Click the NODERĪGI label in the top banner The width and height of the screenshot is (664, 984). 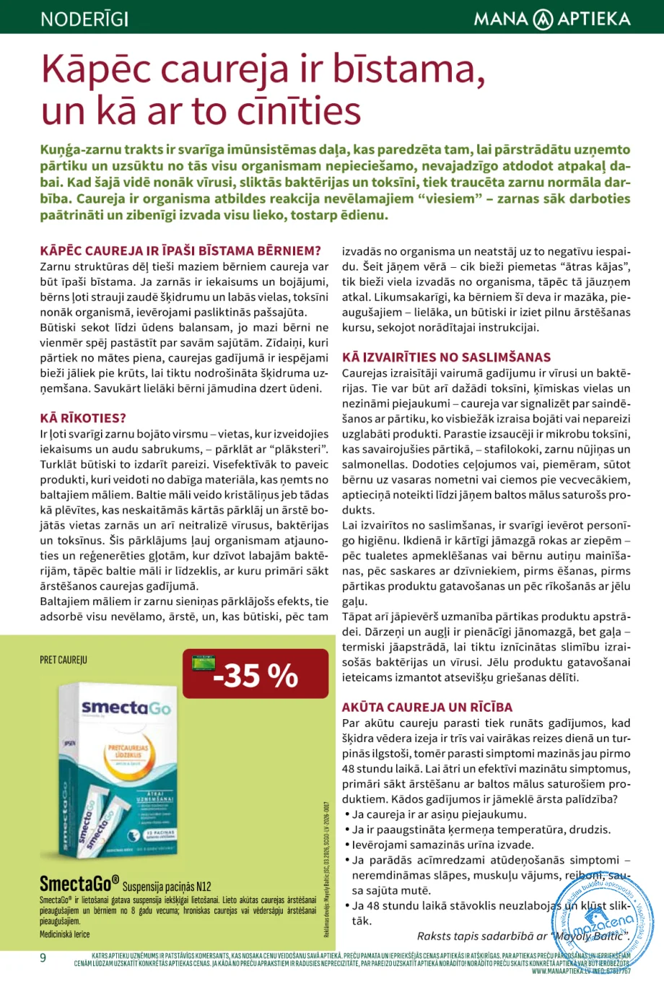tap(84, 18)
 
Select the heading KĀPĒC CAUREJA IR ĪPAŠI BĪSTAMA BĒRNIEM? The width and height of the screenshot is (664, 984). tap(180, 251)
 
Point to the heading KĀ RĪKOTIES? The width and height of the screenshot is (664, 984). tap(83, 418)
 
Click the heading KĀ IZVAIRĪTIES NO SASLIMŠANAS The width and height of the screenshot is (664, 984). tap(446, 357)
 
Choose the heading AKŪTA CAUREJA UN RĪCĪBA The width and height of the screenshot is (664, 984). tap(427, 707)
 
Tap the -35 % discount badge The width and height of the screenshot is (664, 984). tap(256, 675)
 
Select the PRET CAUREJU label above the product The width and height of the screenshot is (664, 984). tap(64, 660)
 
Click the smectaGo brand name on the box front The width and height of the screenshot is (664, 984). tap(126, 708)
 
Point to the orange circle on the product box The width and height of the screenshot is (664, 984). tap(128, 758)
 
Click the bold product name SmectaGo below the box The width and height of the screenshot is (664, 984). tap(79, 884)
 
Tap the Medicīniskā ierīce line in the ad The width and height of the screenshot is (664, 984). tap(65, 934)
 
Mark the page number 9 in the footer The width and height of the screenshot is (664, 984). tap(43, 958)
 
